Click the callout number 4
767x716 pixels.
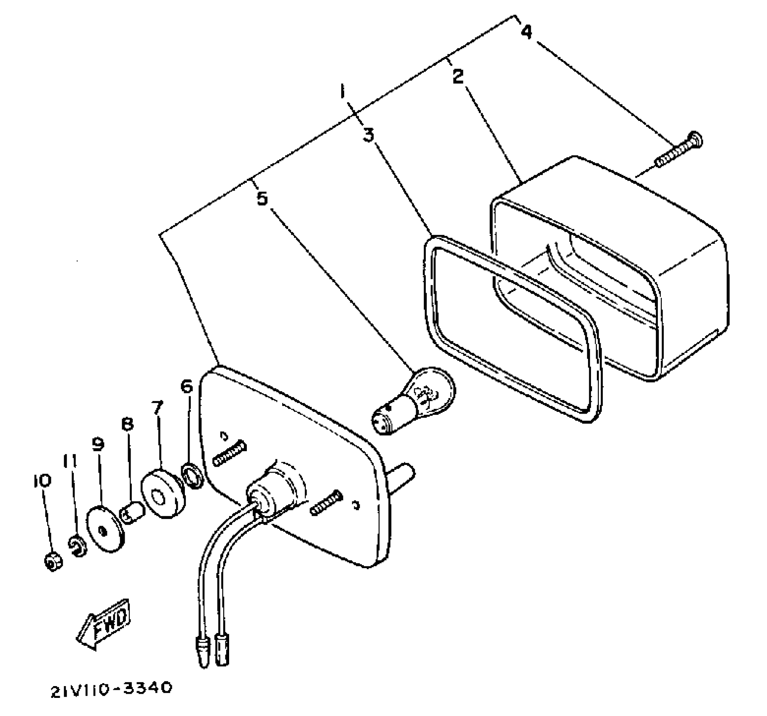[x=526, y=32]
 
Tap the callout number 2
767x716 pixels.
[x=458, y=76]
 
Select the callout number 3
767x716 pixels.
[x=369, y=135]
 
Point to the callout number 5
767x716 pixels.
[x=262, y=198]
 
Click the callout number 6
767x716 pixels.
[x=187, y=386]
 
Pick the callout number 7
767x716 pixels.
[x=157, y=407]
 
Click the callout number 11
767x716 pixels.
[x=70, y=462]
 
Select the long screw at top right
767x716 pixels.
[x=678, y=151]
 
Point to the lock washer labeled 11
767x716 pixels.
[x=78, y=546]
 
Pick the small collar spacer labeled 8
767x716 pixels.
[x=133, y=511]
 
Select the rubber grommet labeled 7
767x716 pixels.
[x=163, y=494]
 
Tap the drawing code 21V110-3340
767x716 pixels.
[x=112, y=689]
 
